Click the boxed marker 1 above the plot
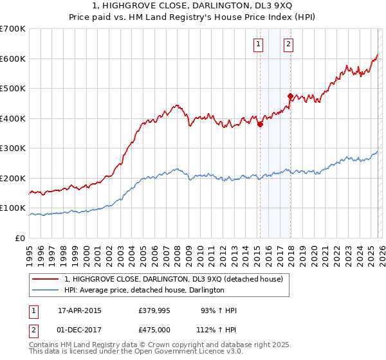coord(258,44)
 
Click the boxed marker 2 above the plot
coord(288,44)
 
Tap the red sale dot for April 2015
coord(260,125)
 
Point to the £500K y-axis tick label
coord(13,88)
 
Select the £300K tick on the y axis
coord(13,148)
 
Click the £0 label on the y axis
coord(21,238)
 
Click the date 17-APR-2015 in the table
coord(79,310)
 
